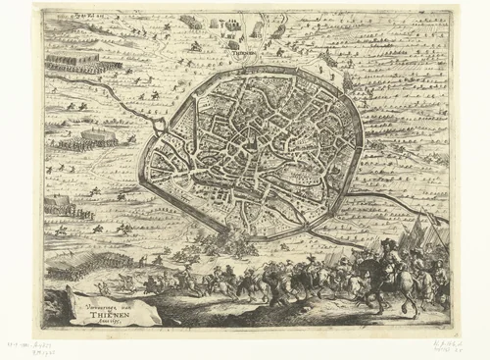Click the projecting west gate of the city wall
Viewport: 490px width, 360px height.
[160, 127]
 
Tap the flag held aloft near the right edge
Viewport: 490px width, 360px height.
[431, 235]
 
